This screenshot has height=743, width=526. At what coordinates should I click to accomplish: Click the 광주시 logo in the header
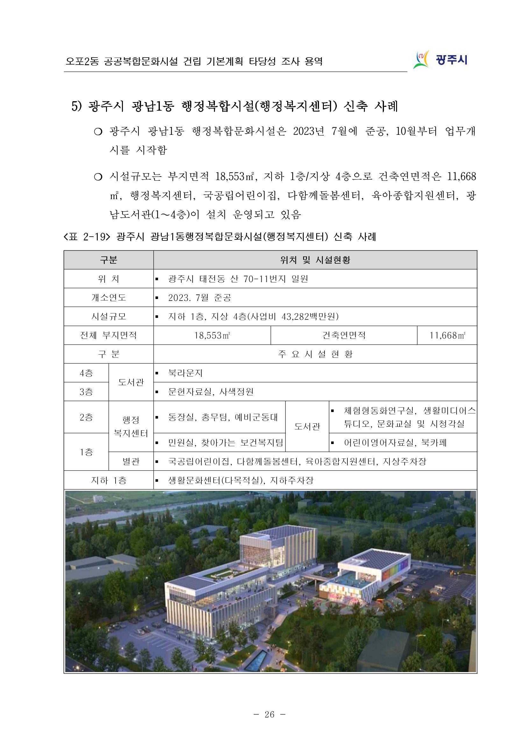coord(440,59)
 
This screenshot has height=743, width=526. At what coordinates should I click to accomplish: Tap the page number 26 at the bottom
coord(269,714)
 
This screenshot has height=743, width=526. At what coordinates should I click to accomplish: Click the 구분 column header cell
coord(109,260)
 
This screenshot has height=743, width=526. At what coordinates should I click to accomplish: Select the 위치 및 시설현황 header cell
coord(315,260)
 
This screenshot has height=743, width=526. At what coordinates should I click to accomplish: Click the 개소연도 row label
coord(109,297)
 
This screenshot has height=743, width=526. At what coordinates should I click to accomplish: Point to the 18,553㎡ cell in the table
coord(212,335)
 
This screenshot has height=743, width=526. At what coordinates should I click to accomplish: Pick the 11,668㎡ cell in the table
coord(447,335)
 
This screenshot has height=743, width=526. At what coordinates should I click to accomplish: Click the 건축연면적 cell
coord(344,335)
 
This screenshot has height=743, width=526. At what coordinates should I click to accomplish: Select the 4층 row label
coord(86,373)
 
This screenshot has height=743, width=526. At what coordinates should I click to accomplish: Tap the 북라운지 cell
coord(185,373)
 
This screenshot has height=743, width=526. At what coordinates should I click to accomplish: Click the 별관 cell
coord(131,461)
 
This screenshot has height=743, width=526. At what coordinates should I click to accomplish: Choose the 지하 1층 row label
coord(109,480)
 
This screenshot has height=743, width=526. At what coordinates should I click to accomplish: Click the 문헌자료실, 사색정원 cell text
coord(210,392)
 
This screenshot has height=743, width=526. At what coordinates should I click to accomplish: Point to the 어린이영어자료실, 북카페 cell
coord(395,443)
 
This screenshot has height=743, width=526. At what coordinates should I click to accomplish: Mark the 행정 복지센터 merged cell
coord(131,427)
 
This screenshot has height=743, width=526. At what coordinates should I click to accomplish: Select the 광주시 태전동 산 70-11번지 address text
coord(238,279)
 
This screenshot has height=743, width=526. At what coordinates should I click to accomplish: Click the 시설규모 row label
coord(109,316)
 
